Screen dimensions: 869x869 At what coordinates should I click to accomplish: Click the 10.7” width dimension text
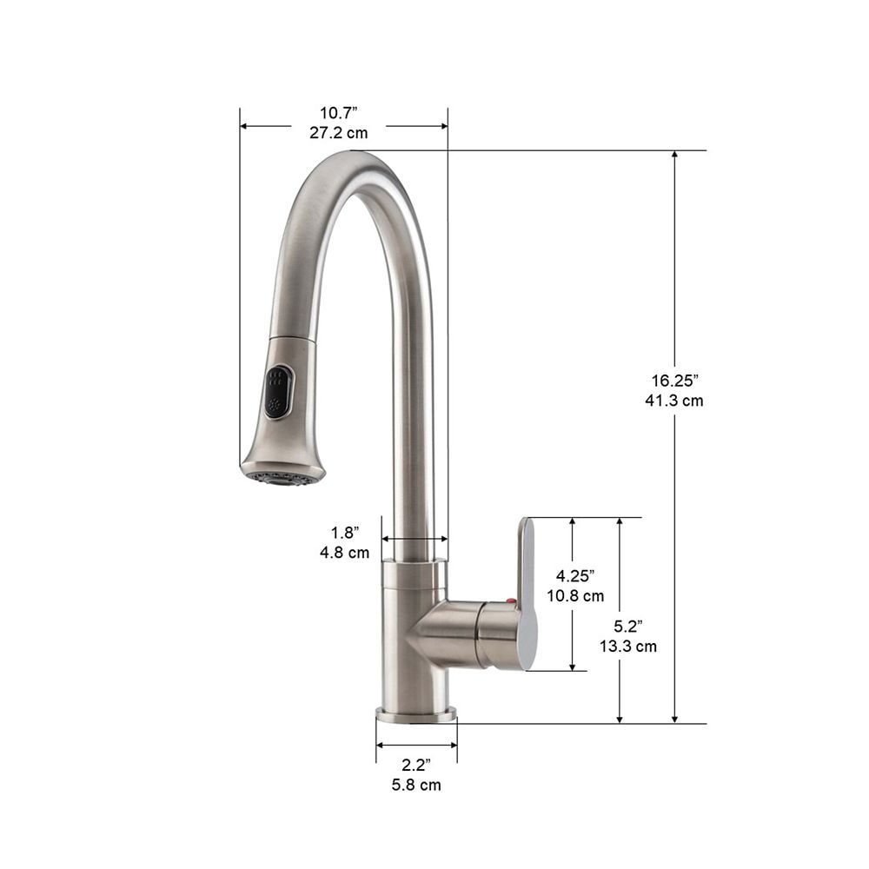tap(338, 113)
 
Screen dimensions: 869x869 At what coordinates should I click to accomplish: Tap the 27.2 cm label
tap(338, 133)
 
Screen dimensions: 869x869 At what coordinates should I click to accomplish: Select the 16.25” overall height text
tap(675, 381)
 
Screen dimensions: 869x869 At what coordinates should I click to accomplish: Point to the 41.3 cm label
tap(675, 401)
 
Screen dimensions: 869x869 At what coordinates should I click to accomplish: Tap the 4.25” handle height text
tap(576, 575)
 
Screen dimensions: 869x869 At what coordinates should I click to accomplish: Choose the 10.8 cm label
tap(576, 596)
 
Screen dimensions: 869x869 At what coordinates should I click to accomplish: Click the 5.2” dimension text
tap(627, 626)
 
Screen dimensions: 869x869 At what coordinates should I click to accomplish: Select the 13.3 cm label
tap(627, 646)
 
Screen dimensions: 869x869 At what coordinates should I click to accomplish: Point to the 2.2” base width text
tap(416, 765)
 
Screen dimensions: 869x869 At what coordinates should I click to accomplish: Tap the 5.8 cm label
tap(416, 785)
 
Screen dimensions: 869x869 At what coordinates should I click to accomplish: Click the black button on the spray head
tap(278, 392)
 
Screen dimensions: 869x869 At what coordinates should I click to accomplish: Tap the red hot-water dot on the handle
tap(511, 602)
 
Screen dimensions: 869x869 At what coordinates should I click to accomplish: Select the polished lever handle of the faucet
tap(527, 591)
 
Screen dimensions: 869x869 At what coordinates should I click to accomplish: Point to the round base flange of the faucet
tap(415, 716)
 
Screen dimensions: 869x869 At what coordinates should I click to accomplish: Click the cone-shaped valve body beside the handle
tap(443, 633)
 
